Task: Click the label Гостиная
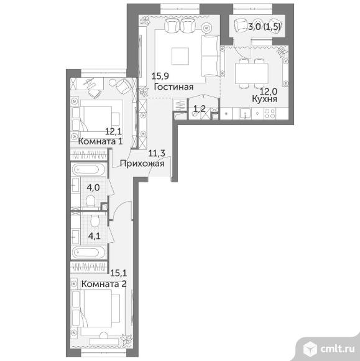tap(173, 87)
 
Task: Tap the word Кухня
tap(264, 99)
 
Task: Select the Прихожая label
tap(142, 164)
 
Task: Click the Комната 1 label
tap(100, 141)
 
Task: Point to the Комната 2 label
tap(104, 284)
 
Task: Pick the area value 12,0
tap(269, 91)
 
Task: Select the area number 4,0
tap(93, 187)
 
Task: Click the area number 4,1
tap(95, 236)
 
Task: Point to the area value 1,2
tap(200, 108)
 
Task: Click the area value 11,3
tap(157, 153)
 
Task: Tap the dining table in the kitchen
tap(251, 73)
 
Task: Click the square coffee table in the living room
tap(180, 56)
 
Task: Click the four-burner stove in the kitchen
tap(270, 113)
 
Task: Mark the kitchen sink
tap(245, 113)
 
